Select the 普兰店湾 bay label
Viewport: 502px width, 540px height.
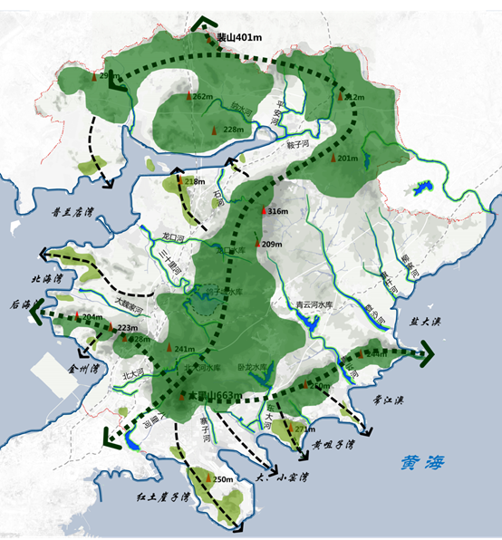pos(73,214)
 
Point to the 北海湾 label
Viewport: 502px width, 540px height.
pos(44,280)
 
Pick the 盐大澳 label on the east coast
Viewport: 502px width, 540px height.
pos(424,322)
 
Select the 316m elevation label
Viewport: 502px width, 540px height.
pos(277,211)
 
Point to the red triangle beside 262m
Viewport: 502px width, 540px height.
pos(189,95)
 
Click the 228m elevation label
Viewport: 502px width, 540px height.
pos(234,130)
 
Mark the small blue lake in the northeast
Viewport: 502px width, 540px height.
pos(420,189)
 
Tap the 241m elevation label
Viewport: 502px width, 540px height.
pos(184,350)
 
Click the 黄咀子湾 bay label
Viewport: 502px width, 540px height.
pos(333,446)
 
